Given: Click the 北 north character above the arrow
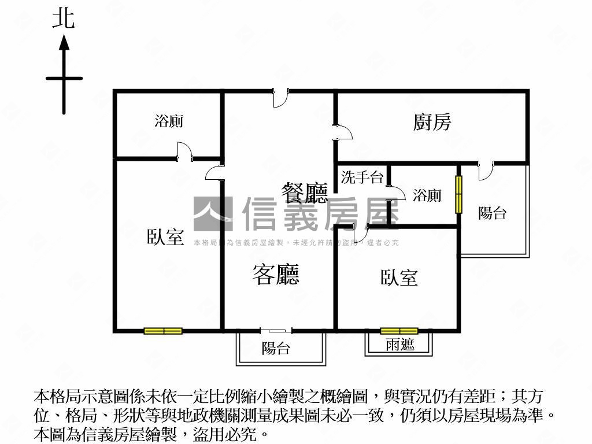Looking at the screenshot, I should pos(64,18).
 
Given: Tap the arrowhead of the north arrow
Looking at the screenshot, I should pos(64,42).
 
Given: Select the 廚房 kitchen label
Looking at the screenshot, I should pos(432,122).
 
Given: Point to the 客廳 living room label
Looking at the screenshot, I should pos(276,273).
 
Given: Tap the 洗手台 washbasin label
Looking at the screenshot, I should pos(362,177).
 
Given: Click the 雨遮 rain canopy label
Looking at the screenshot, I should pos(399,345).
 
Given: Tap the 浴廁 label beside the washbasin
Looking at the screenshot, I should pos(427,195).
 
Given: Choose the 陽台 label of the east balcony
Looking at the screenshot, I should pos(492,213).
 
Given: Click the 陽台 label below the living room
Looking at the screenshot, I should pos(275,348).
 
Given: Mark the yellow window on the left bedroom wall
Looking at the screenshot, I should pos(163,331).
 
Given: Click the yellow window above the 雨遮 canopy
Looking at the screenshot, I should pos(399,331).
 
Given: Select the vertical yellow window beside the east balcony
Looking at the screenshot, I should pos(459,194).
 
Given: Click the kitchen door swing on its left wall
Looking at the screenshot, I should pos(343,132).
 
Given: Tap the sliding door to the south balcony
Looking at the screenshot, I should pos(276,331).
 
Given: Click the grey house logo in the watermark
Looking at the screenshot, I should pos(212,214).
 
